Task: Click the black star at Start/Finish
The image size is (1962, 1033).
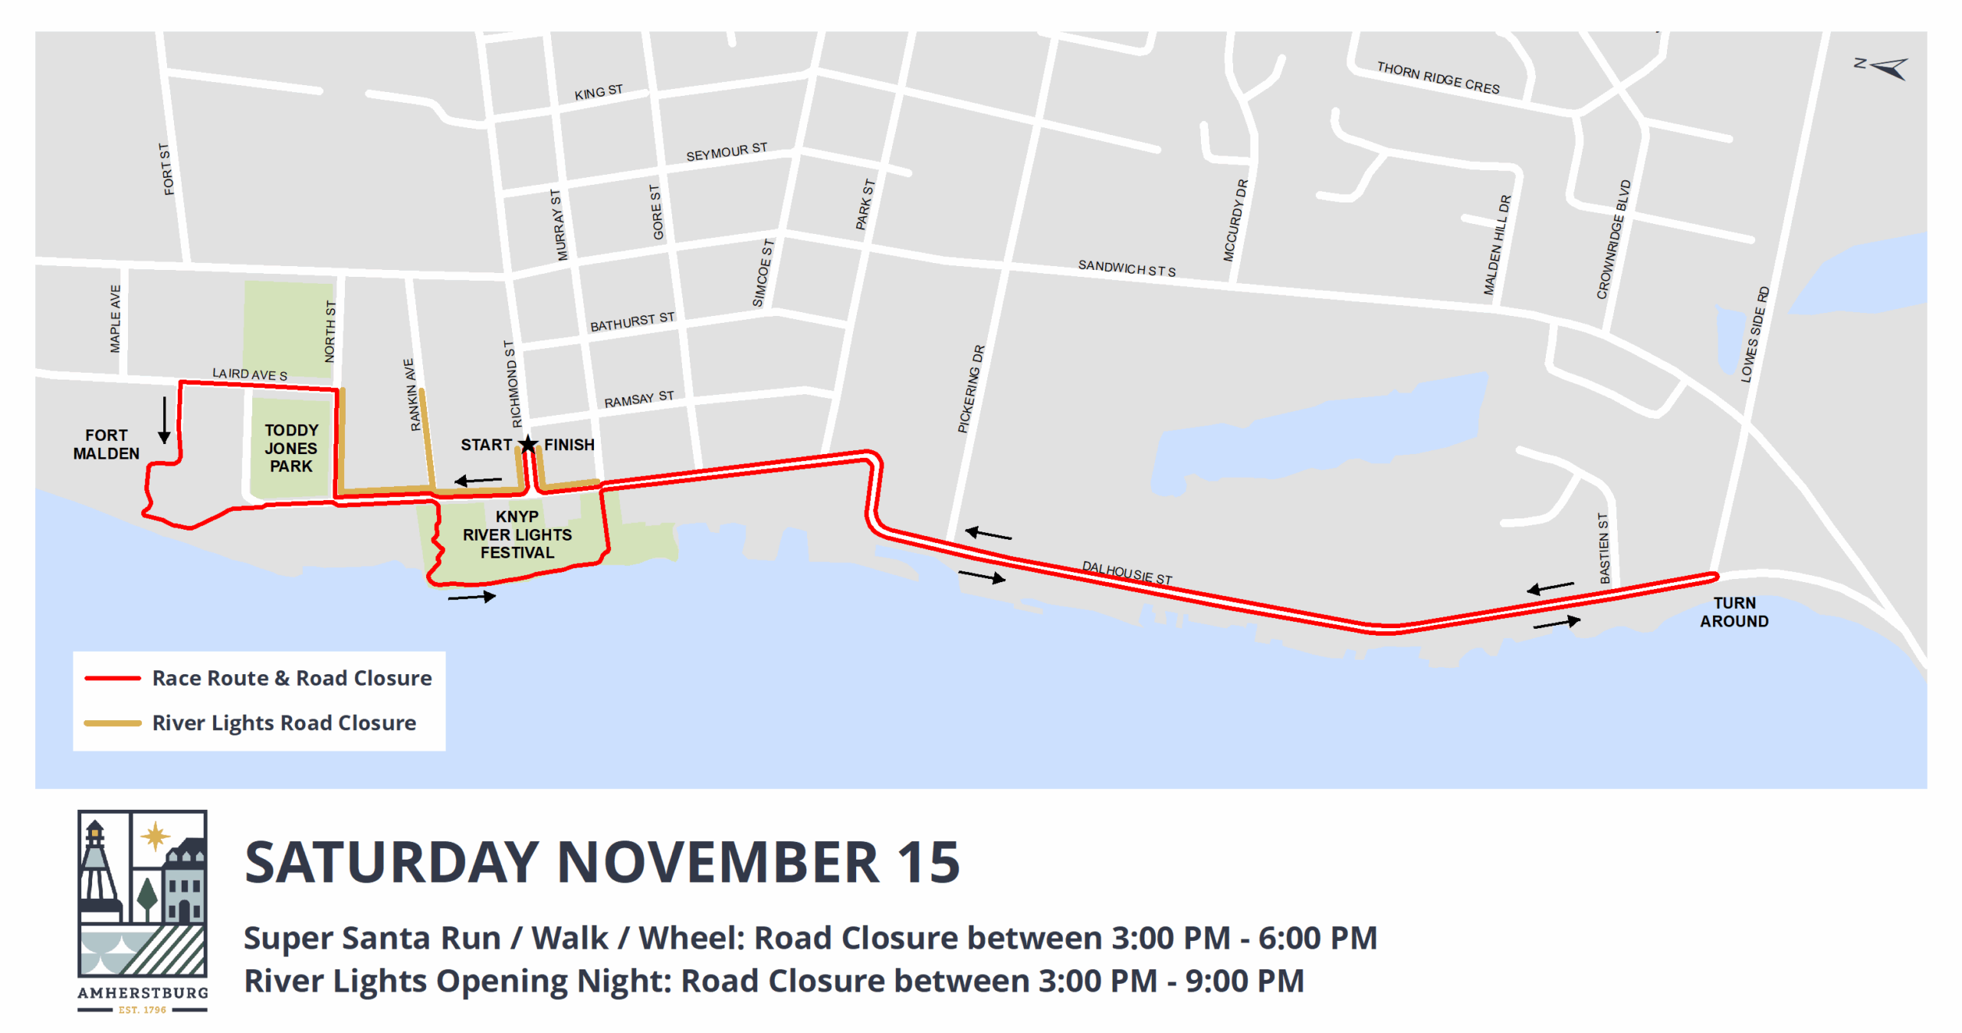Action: pyautogui.click(x=528, y=444)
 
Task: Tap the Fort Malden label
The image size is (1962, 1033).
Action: pyautogui.click(x=106, y=444)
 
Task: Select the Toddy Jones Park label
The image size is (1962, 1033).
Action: pyautogui.click(x=290, y=448)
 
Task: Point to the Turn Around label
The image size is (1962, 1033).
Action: pyautogui.click(x=1734, y=612)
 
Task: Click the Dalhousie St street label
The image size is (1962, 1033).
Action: pyautogui.click(x=1127, y=572)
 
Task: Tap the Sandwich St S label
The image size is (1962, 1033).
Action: pyautogui.click(x=1126, y=268)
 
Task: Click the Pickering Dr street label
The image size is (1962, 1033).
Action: pyautogui.click(x=970, y=389)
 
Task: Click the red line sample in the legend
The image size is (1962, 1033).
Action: pyautogui.click(x=113, y=678)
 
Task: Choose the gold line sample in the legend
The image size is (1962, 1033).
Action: pyautogui.click(x=113, y=722)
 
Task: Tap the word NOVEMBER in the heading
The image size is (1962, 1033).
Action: pyautogui.click(x=717, y=862)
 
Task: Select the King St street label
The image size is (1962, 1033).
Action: pyautogui.click(x=599, y=92)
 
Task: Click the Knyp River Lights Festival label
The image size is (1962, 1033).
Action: pyautogui.click(x=517, y=535)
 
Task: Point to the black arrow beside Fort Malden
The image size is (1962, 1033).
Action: pyautogui.click(x=164, y=420)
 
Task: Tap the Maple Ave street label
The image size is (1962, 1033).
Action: pyautogui.click(x=115, y=319)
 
